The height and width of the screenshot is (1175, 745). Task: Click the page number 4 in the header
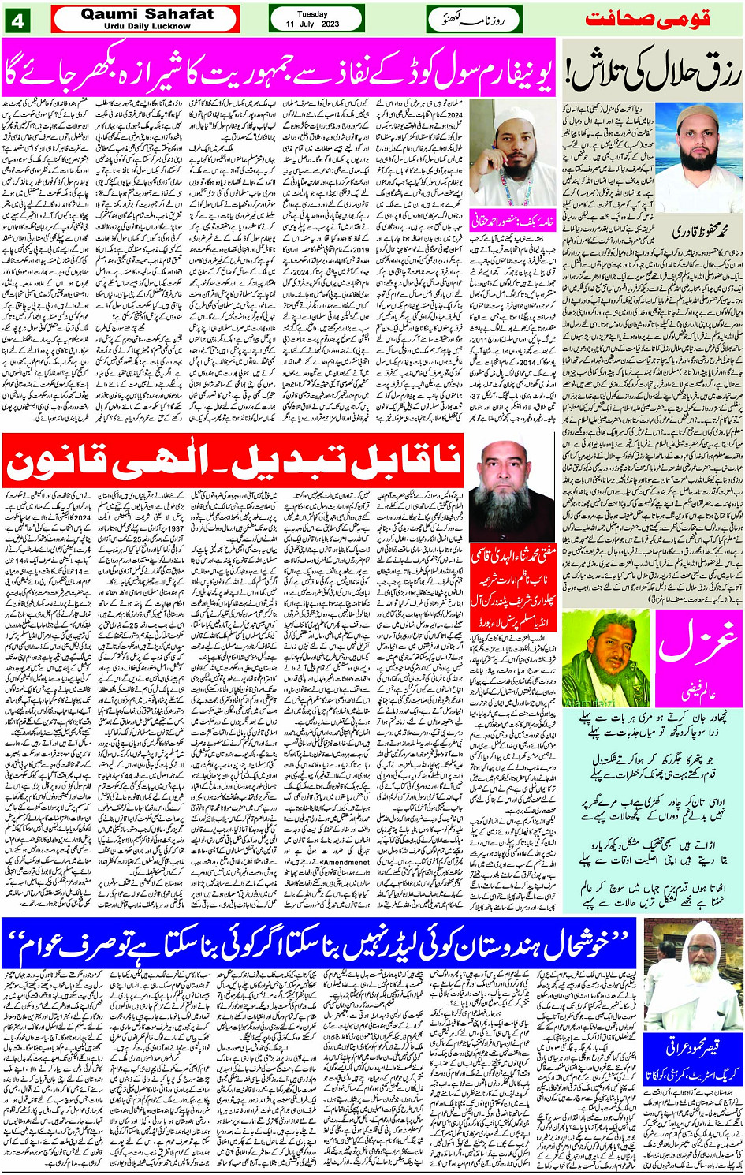[17, 19]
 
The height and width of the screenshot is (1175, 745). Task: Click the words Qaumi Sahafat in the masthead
[147, 13]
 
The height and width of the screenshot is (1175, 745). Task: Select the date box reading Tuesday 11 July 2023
[316, 19]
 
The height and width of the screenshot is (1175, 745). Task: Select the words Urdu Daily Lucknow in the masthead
[147, 26]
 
